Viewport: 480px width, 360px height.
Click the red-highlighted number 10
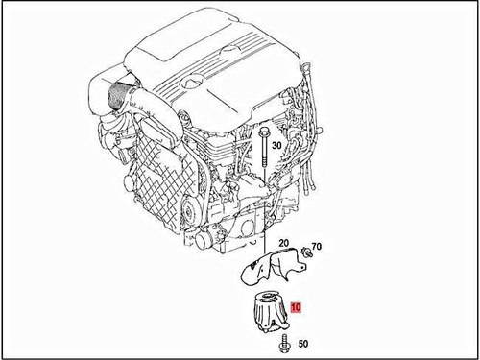point(297,309)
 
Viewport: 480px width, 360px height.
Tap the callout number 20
point(284,244)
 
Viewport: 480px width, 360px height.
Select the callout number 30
point(276,145)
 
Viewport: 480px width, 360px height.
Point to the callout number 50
point(302,343)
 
